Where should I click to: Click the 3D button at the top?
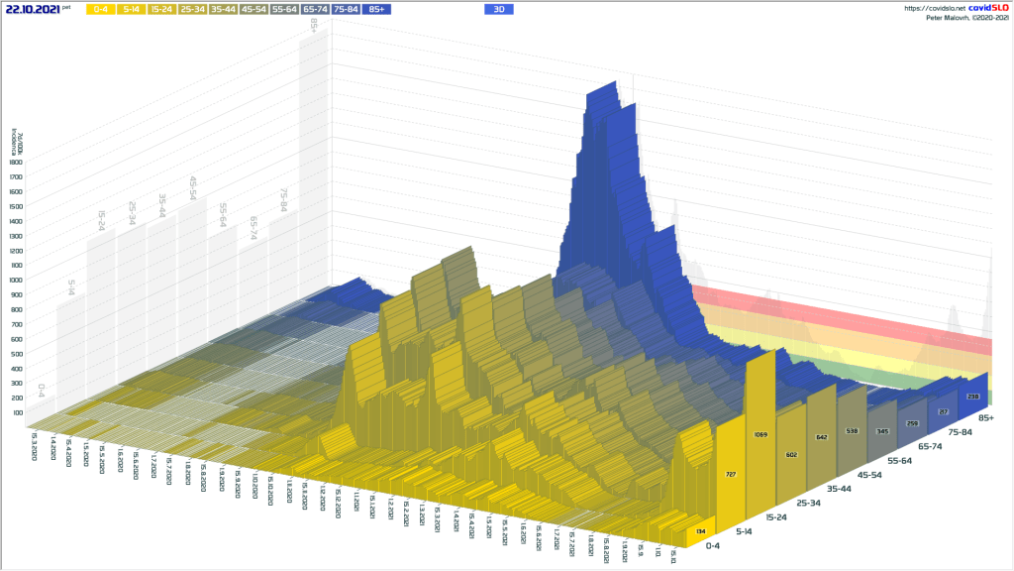click(x=500, y=9)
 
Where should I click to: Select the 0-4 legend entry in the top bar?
click(x=100, y=9)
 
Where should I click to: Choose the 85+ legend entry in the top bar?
click(x=377, y=9)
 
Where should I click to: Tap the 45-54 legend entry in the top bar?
click(x=254, y=9)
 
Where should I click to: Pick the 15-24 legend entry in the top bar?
click(x=162, y=9)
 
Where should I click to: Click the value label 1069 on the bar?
click(x=760, y=435)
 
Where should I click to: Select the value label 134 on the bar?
click(x=700, y=532)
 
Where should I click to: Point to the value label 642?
click(x=821, y=437)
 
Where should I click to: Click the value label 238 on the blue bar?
click(x=972, y=397)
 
